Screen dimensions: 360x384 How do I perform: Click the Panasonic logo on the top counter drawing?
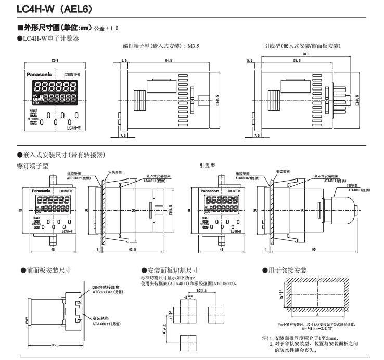[x=42, y=75]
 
